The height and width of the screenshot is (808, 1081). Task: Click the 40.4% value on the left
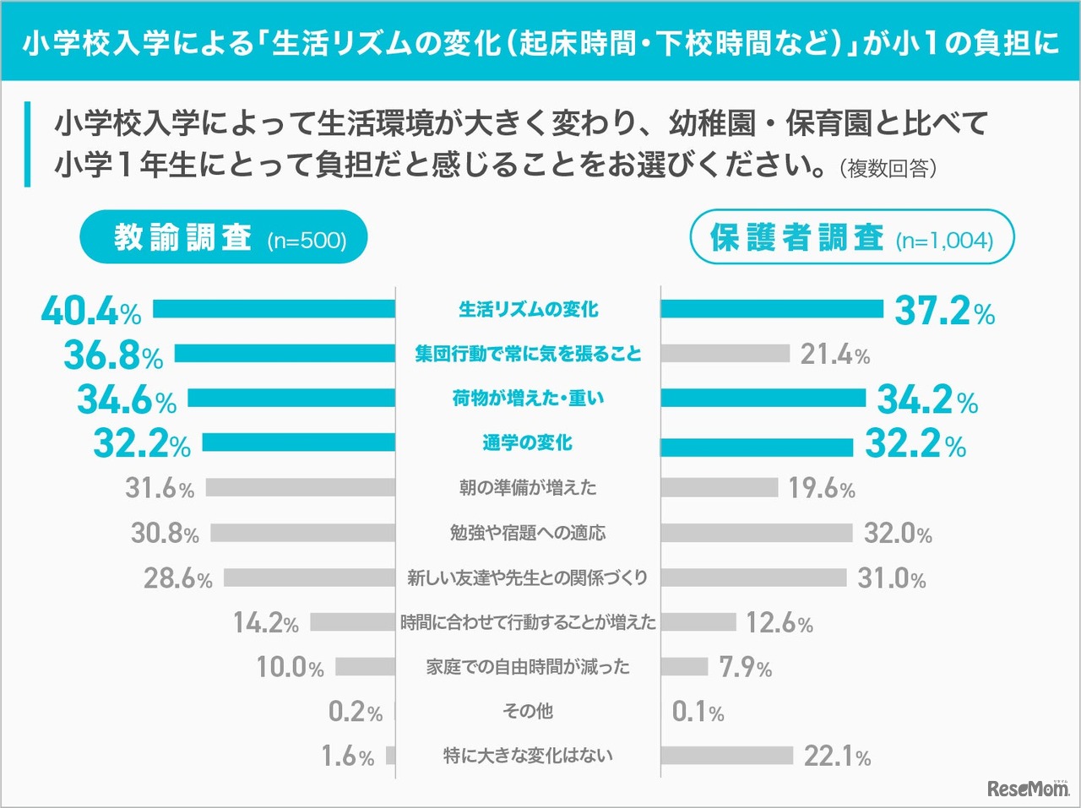(x=91, y=311)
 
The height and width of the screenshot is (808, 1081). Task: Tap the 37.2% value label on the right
(x=944, y=311)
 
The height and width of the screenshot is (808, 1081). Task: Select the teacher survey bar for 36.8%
(x=285, y=354)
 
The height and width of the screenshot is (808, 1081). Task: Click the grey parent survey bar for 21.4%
(x=725, y=354)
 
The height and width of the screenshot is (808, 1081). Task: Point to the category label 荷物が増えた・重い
(x=528, y=399)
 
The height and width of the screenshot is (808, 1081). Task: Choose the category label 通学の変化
(x=528, y=442)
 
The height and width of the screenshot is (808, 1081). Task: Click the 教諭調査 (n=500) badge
(x=225, y=237)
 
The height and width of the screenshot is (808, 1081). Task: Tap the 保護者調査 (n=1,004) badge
(x=851, y=237)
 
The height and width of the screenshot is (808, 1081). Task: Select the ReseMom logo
(x=1027, y=788)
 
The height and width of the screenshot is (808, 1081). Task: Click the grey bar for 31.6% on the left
(x=301, y=487)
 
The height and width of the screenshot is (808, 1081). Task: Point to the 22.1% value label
(x=837, y=756)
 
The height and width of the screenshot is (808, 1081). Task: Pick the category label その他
(x=528, y=711)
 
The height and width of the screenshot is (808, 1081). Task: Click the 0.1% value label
(x=698, y=712)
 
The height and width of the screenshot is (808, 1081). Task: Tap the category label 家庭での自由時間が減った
(x=528, y=667)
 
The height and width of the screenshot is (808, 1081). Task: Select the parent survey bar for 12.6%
(x=698, y=622)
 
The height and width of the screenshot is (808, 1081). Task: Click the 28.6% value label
(x=177, y=578)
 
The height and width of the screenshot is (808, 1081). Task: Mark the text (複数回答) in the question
(x=888, y=168)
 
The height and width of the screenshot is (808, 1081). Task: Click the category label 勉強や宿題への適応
(x=528, y=533)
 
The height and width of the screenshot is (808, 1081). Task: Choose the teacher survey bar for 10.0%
(x=365, y=667)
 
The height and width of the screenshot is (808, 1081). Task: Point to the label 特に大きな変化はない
(x=528, y=756)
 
